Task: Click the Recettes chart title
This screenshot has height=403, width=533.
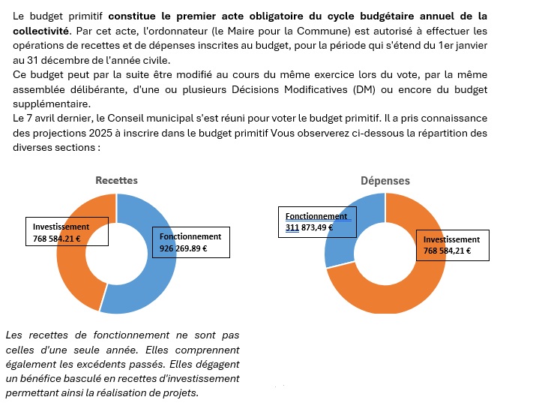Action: (x=116, y=180)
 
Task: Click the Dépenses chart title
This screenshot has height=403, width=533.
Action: (x=385, y=180)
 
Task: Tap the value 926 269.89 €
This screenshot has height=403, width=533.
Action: (x=183, y=248)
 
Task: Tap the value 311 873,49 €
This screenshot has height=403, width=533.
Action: (x=309, y=227)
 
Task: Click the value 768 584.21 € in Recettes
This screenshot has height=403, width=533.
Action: (x=57, y=239)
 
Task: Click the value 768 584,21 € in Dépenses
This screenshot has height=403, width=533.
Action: (x=447, y=251)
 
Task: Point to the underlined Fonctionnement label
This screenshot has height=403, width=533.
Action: (x=316, y=216)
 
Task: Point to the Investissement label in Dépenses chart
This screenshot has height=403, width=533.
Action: (x=451, y=239)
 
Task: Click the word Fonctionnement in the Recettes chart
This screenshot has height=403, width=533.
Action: (x=190, y=236)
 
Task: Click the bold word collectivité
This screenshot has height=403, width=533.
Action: (x=40, y=31)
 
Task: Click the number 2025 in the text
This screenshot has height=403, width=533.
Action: (x=100, y=133)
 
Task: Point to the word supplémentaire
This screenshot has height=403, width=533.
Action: (x=52, y=104)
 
